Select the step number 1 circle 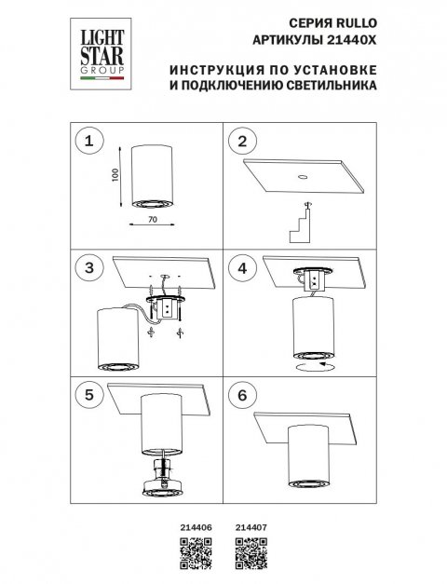click(x=89, y=142)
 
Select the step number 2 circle click(x=246, y=142)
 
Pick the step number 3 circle click(x=89, y=268)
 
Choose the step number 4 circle click(x=246, y=268)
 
